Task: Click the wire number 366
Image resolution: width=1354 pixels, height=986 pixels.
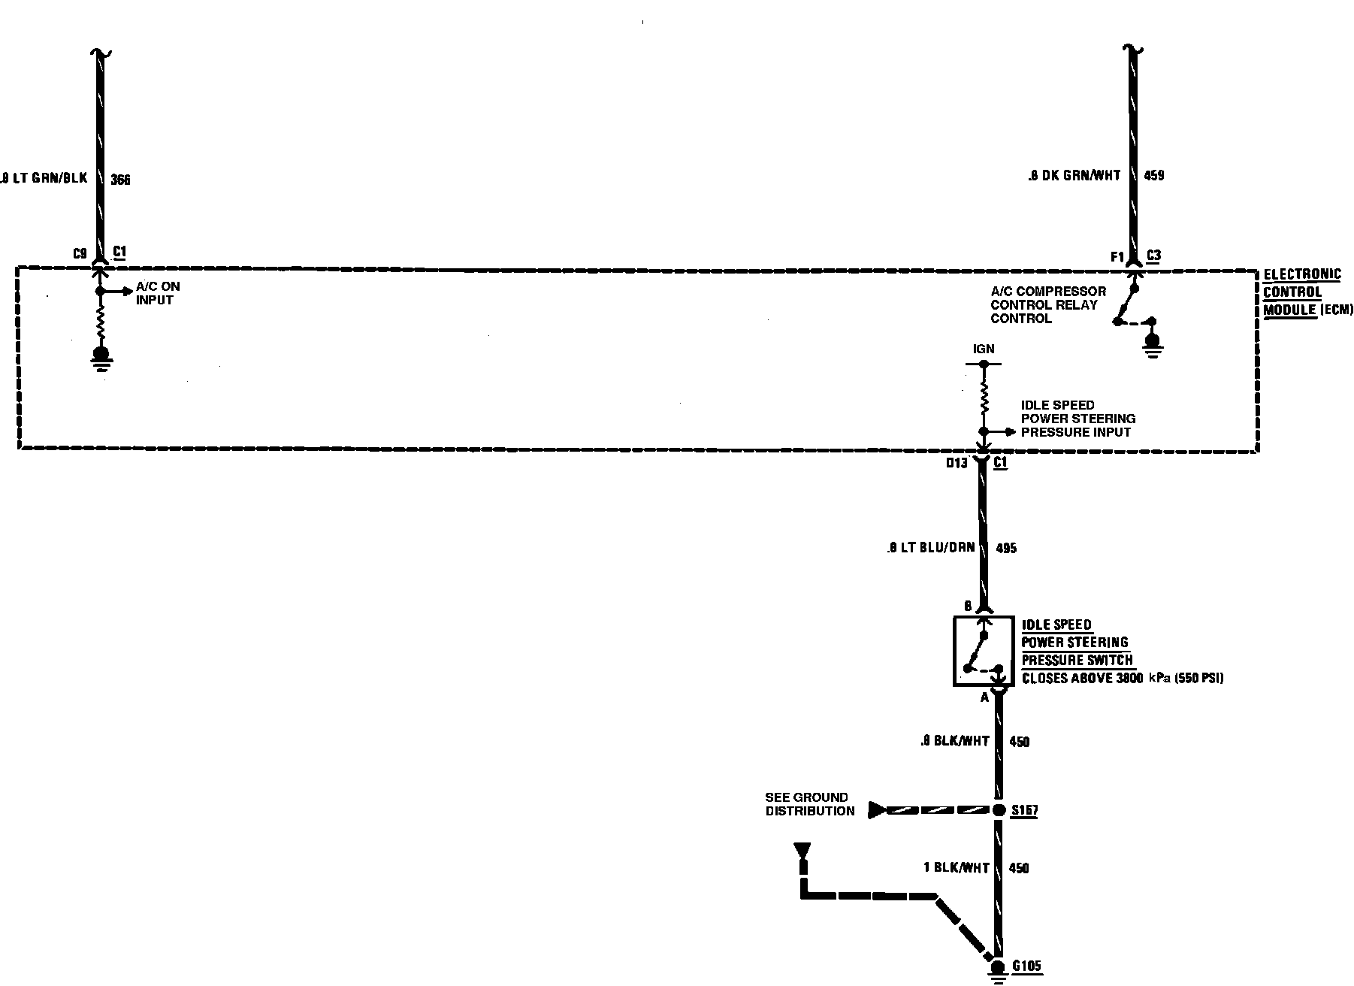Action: point(120,180)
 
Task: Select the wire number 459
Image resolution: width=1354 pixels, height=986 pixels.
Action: point(1153,175)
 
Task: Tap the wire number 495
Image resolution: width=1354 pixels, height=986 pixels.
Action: point(1005,548)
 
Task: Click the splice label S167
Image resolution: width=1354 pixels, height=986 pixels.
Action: point(1024,811)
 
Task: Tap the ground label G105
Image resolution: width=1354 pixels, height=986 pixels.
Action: point(1026,966)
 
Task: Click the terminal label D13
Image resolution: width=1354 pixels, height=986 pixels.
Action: point(957,463)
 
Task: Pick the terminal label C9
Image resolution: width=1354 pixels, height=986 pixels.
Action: point(80,253)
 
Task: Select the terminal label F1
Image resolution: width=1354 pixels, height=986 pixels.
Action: point(1117,257)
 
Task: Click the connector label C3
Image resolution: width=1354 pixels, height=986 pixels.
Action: point(1153,256)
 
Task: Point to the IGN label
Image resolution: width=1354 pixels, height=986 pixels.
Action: point(984,349)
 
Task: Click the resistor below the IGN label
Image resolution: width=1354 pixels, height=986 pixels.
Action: point(984,398)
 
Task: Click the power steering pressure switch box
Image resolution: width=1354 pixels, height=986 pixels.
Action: point(983,651)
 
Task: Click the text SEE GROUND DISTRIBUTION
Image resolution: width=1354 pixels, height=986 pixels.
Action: point(809,804)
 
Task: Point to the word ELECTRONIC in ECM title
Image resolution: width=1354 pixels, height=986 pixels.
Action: point(1301,274)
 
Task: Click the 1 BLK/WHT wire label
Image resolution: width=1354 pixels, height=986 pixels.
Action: point(956,868)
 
